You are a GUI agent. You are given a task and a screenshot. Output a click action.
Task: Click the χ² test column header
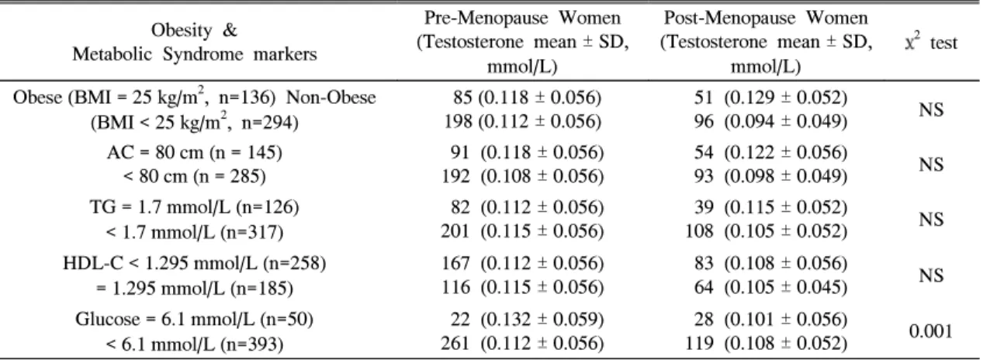click(x=931, y=43)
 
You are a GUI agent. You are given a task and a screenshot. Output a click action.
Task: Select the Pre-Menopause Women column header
click(x=522, y=42)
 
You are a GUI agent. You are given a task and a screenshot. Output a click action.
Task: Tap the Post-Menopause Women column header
click(x=766, y=42)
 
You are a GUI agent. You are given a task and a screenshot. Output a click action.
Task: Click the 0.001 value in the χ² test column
click(x=931, y=331)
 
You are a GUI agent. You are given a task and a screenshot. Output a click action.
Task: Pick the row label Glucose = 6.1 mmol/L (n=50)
click(x=195, y=319)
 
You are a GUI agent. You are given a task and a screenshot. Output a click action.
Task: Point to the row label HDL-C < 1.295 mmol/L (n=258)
click(x=195, y=263)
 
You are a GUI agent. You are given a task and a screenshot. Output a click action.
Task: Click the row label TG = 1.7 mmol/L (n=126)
click(x=195, y=207)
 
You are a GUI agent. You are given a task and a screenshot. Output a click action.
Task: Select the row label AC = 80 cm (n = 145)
click(x=195, y=152)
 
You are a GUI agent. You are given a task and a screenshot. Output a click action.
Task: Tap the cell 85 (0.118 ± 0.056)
click(x=528, y=98)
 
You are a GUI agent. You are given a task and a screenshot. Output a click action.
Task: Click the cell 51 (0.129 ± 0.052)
click(x=770, y=98)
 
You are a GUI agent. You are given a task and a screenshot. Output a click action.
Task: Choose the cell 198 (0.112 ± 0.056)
click(x=523, y=122)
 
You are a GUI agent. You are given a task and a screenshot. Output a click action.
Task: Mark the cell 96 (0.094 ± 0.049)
click(x=770, y=122)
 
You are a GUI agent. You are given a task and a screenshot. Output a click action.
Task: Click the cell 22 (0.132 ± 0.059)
click(x=528, y=320)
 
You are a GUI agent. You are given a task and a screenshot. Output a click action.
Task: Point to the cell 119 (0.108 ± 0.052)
click(x=766, y=344)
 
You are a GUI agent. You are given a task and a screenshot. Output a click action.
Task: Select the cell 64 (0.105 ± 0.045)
click(x=770, y=288)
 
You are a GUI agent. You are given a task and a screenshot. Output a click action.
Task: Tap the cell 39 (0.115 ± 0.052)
click(x=770, y=207)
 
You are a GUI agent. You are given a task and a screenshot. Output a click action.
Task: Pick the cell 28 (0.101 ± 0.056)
click(x=770, y=320)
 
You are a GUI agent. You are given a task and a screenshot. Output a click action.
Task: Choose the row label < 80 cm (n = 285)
click(x=195, y=177)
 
